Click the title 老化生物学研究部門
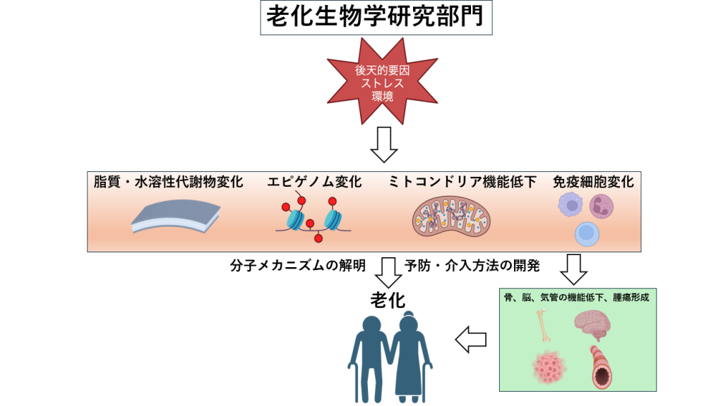coord(376,18)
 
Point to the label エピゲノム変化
coord(314,183)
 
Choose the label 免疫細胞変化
coord(593,183)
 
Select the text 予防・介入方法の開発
coord(472,266)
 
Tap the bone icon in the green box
coord(543,326)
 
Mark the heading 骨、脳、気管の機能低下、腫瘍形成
coord(577,297)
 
